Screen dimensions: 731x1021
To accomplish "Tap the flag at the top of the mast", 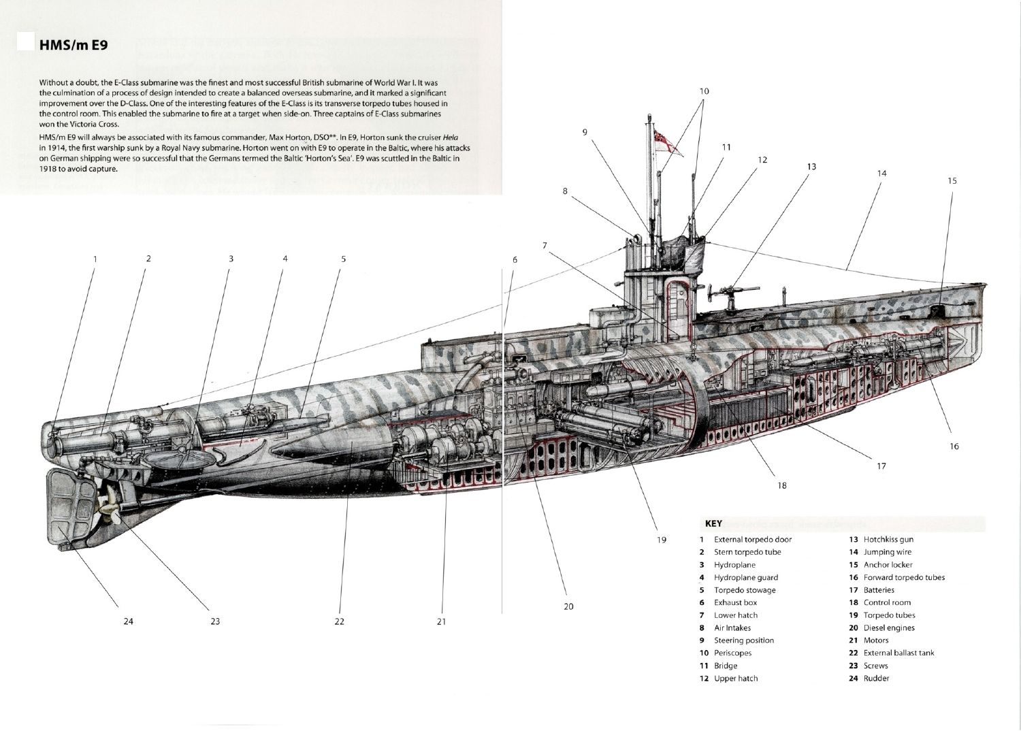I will [660, 137].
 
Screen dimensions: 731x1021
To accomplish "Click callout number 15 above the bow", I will [952, 180].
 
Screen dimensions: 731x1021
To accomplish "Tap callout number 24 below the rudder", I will [129, 621].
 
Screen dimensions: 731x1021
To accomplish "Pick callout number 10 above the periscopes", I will [704, 91].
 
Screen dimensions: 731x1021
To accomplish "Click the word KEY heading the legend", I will [713, 524].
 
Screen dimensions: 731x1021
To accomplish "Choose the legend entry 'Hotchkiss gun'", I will [888, 539].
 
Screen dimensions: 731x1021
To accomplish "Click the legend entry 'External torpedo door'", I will [752, 539].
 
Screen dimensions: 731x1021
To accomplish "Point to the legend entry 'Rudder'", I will [876, 678].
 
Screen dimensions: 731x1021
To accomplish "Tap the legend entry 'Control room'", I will [887, 602].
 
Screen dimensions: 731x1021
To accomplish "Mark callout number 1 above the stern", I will [95, 259].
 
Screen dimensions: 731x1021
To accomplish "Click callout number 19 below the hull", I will [661, 540].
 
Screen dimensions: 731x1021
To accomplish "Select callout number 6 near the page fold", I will [515, 260].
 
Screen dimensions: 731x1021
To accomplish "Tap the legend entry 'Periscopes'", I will [732, 653].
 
